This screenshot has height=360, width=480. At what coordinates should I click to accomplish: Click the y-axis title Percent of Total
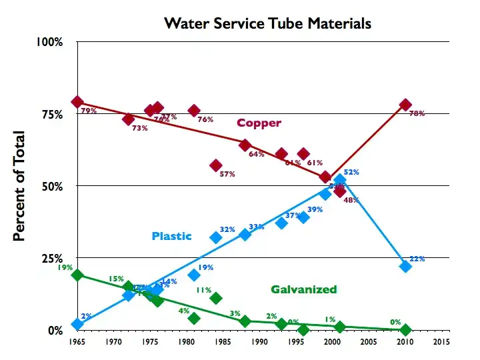coord(20,187)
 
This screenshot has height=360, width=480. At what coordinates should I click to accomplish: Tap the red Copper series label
coord(259,123)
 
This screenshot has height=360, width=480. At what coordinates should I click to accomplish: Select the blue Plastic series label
coord(171,236)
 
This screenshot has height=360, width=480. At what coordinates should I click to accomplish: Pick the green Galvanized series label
coord(303,289)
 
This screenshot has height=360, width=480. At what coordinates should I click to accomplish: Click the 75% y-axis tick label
coord(52,114)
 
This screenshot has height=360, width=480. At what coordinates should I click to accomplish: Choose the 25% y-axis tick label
coord(52,258)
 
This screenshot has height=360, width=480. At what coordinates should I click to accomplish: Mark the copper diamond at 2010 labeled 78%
coord(405,105)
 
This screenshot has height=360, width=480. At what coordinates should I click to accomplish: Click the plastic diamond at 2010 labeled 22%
coord(405,266)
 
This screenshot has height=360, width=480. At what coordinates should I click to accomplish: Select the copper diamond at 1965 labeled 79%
coord(77,102)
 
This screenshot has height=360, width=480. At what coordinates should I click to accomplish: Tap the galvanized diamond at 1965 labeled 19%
coord(77,275)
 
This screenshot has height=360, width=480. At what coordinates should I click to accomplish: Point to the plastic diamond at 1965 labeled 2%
coord(77,324)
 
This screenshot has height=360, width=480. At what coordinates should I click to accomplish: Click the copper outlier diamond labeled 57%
coord(215,165)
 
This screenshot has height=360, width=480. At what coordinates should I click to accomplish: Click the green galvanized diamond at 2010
coord(405,329)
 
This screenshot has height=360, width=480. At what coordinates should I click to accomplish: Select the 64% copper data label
coord(256,154)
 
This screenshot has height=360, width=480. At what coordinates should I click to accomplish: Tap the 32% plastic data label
coord(227,229)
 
